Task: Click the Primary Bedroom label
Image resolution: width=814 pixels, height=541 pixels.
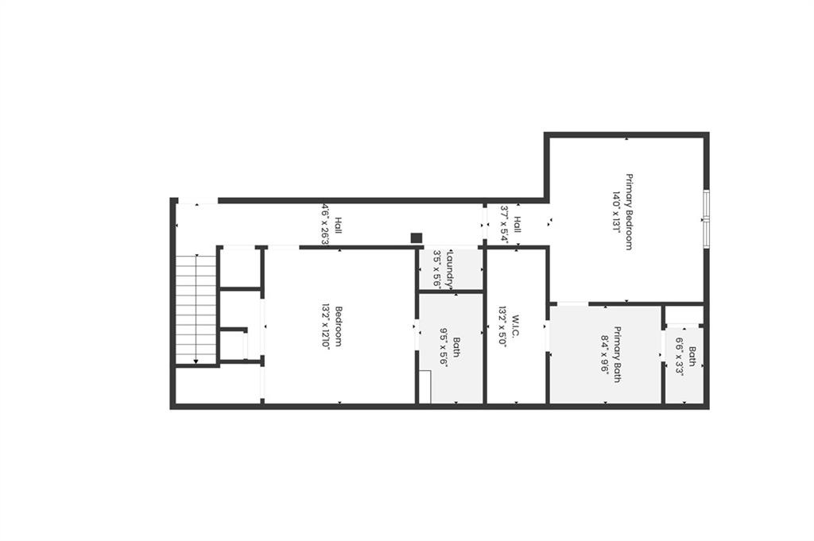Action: (629, 212)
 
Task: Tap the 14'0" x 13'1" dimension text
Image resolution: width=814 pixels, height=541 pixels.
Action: (615, 212)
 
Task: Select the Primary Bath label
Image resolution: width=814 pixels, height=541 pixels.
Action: (618, 354)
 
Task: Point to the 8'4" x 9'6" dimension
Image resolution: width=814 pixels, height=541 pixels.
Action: (605, 354)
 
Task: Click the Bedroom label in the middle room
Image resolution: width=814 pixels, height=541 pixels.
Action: (339, 326)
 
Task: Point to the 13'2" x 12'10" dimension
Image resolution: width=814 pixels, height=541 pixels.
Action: (325, 326)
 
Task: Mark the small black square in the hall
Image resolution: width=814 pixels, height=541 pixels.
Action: (416, 238)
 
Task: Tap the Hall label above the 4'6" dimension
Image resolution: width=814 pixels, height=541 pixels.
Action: (339, 224)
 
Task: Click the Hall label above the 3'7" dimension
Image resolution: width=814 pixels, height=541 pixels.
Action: (517, 224)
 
